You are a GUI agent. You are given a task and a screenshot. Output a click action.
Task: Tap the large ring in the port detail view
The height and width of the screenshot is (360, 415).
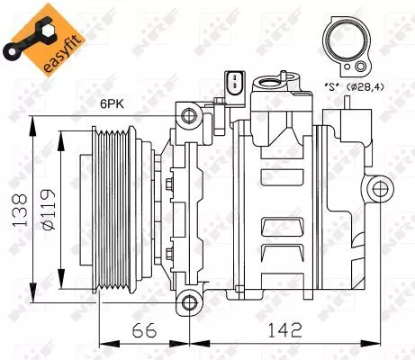point(346,42)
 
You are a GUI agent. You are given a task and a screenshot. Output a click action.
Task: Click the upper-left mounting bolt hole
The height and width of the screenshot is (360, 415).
point(188,114)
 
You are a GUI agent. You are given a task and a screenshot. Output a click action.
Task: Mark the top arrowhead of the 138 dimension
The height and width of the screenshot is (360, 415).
point(34,121)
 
